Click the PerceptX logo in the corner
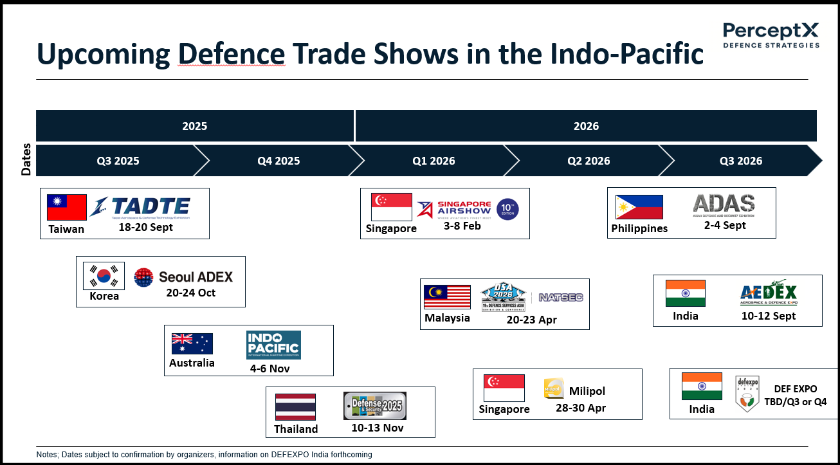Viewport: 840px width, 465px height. click(x=771, y=35)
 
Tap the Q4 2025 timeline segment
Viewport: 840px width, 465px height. click(x=278, y=161)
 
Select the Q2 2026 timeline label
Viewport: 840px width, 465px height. click(x=589, y=161)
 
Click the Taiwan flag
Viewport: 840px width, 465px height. click(x=67, y=207)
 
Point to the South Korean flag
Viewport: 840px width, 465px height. click(x=104, y=276)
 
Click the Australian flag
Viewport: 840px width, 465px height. click(x=192, y=344)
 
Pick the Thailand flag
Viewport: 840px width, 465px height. click(x=295, y=407)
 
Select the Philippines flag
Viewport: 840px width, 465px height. click(x=639, y=207)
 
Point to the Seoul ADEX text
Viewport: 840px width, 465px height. click(x=196, y=277)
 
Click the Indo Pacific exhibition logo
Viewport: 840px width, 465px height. click(x=273, y=345)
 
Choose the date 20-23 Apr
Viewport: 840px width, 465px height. click(x=531, y=319)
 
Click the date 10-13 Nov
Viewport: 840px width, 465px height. click(x=378, y=428)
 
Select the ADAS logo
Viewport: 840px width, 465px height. click(x=724, y=205)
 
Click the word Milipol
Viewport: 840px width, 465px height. click(x=587, y=391)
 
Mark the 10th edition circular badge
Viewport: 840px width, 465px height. click(x=507, y=209)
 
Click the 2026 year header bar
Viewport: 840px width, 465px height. click(x=586, y=126)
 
